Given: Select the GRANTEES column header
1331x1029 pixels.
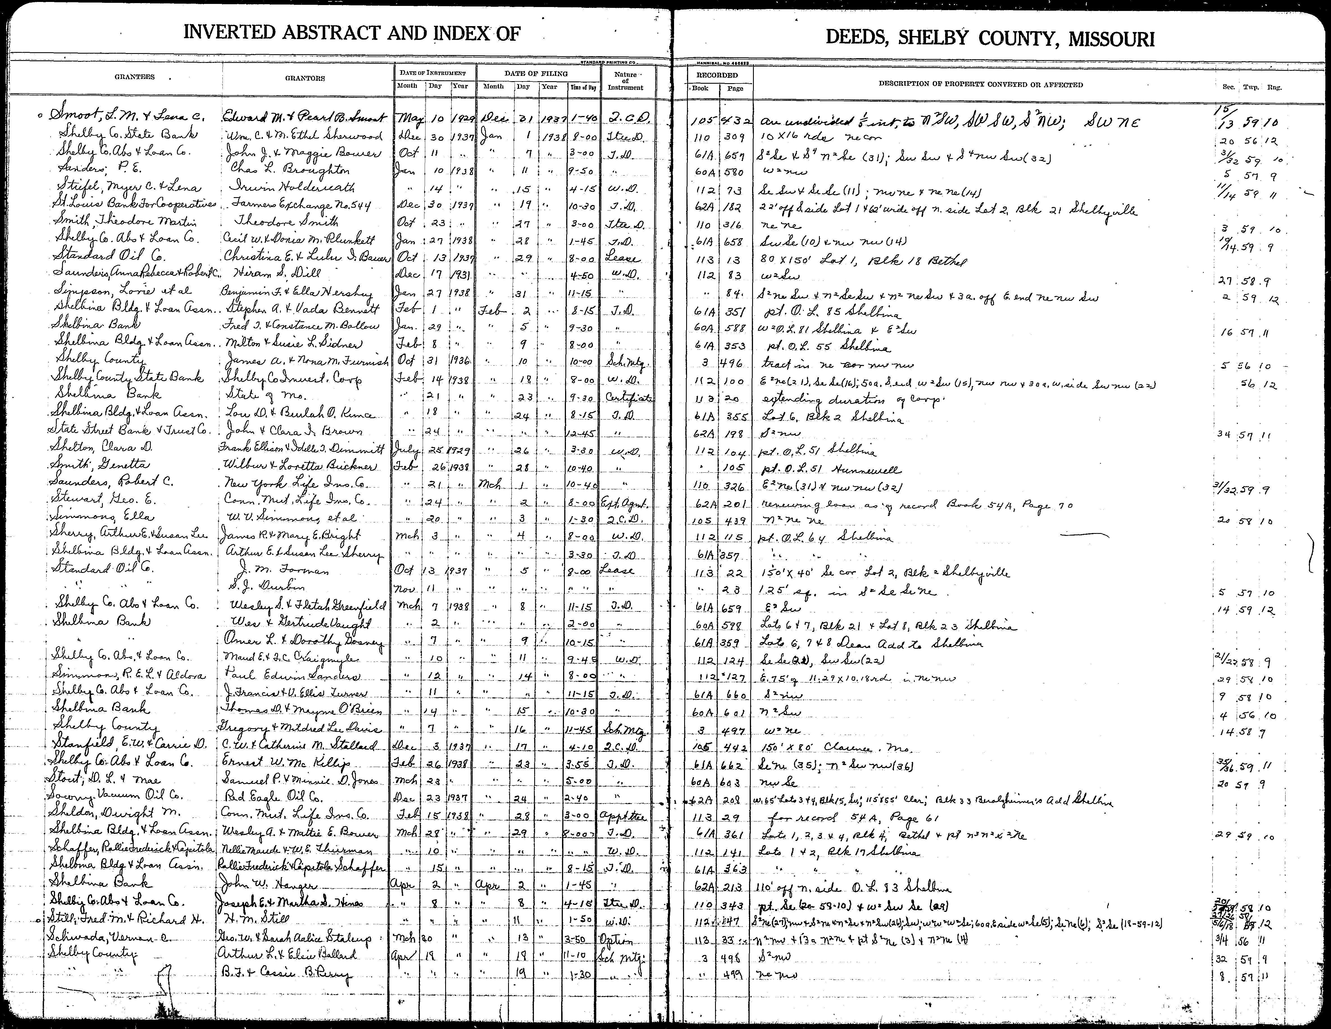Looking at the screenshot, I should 135,78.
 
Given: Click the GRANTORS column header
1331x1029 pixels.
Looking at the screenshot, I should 305,78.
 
